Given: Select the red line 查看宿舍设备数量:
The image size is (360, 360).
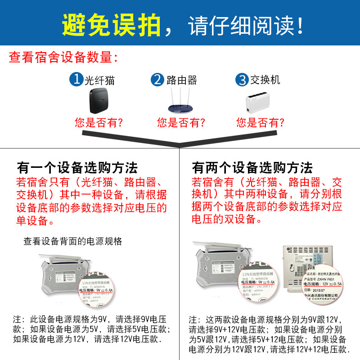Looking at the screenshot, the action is coord(64,58).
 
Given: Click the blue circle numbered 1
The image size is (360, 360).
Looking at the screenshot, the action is coord(76,80).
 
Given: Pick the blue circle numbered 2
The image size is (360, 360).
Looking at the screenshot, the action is coord(157,80).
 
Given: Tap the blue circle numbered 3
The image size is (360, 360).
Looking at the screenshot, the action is coord(242,80).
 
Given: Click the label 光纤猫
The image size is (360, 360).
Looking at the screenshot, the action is coord(100,81).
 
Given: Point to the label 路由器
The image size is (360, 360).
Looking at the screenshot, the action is coord(182,81).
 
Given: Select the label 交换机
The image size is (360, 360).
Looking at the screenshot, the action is coord(265,80).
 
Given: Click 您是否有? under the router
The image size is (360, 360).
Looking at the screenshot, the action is coord(181,122).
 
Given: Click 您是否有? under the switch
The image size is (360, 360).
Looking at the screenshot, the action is coord(260,122).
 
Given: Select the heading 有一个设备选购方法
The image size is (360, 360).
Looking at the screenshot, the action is coord(77,168).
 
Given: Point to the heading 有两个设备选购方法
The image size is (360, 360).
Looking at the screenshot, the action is coord(252,168).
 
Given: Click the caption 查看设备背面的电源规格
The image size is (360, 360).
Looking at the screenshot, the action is coord(73,241).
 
